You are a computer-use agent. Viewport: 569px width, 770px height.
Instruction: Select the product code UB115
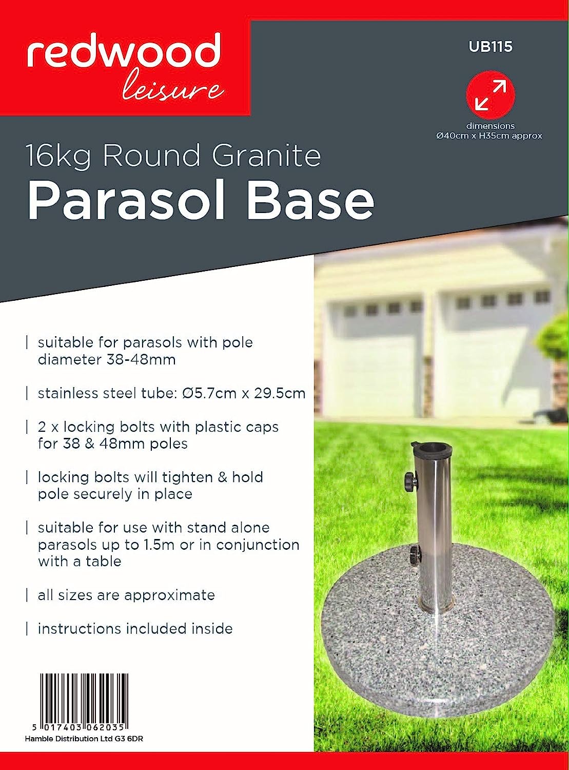(x=490, y=47)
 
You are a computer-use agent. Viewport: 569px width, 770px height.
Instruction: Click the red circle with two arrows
(x=490, y=95)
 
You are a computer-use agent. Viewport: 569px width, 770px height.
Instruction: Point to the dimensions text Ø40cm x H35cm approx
(x=489, y=136)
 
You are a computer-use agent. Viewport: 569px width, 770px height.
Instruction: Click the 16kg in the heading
(x=58, y=156)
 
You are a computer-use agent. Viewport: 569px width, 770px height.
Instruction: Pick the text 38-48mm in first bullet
(x=141, y=359)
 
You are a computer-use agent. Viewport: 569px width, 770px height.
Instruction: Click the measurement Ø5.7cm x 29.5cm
(x=244, y=393)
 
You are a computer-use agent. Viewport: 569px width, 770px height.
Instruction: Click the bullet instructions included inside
(x=135, y=629)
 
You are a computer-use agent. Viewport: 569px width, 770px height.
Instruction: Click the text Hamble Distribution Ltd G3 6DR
(x=87, y=739)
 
